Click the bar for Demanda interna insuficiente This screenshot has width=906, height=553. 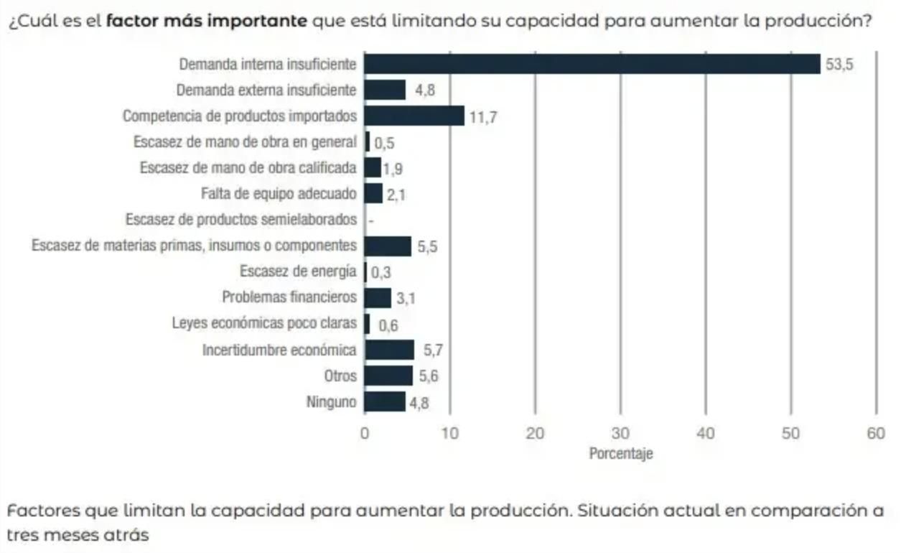coord(592,64)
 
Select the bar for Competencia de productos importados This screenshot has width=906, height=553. coord(414,116)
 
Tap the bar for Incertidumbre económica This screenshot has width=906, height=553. coord(389,350)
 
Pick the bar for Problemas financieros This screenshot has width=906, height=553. coord(378,298)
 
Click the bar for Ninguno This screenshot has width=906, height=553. coord(385,401)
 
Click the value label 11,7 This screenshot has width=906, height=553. coord(483,117)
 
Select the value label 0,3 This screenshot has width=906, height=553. coord(381,274)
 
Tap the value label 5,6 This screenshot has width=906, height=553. coord(429,376)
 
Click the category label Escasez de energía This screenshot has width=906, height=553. coord(298,271)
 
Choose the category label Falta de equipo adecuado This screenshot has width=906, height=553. coord(279,194)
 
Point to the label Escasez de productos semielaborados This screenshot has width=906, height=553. coord(240,219)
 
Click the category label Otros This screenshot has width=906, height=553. coord(340,376)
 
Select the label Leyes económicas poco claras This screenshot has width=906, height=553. coord(264,324)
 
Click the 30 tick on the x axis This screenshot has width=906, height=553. coord(620,433)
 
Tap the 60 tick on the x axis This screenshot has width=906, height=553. coord(876,433)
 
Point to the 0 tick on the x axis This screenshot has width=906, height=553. coord(365,433)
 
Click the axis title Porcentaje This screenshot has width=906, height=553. coord(621,454)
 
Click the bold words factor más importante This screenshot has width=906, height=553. coord(207,19)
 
